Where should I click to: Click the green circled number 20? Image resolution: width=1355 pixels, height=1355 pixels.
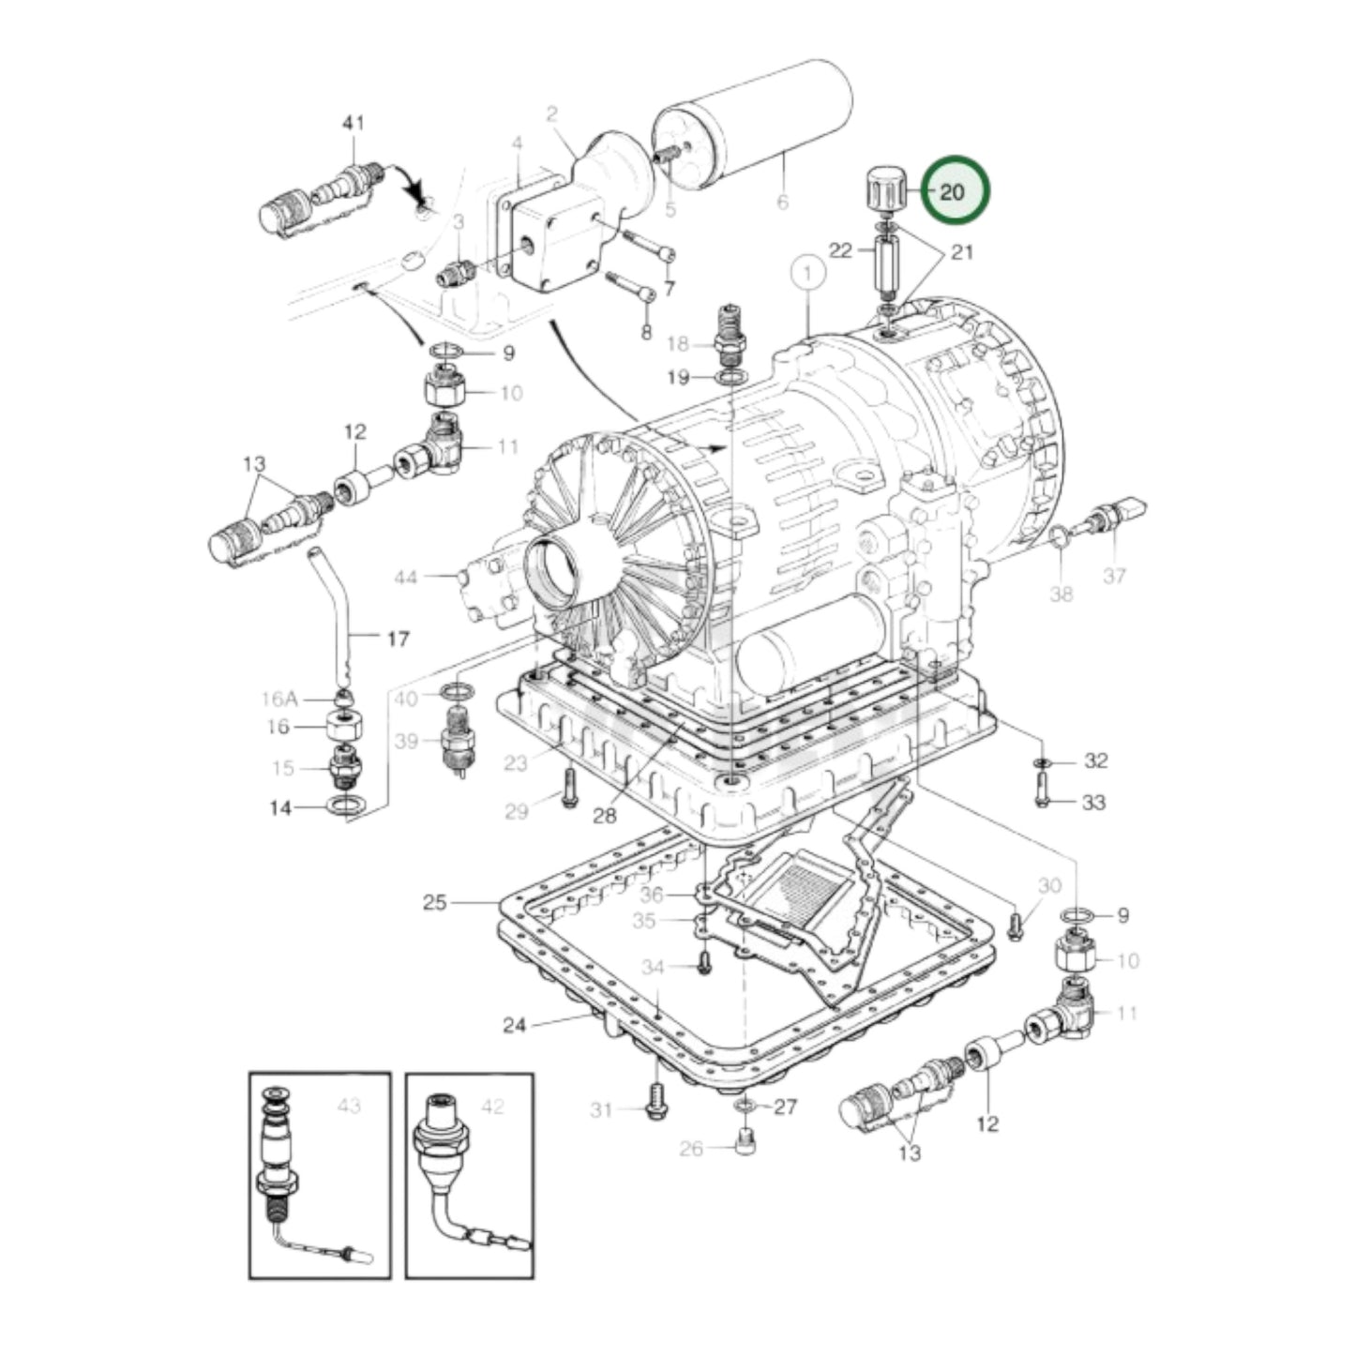(x=954, y=191)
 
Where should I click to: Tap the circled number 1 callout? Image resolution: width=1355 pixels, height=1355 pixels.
(x=808, y=275)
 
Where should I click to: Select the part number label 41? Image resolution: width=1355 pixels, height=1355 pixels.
(x=354, y=123)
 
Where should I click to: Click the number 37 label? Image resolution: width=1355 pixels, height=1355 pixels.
(x=1114, y=575)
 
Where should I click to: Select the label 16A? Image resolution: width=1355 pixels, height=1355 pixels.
(x=279, y=699)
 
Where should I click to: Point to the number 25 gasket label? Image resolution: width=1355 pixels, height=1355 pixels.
(x=434, y=903)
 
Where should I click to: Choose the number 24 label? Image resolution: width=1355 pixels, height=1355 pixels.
(x=514, y=1025)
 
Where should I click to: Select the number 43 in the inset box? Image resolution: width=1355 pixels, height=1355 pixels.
(x=348, y=1107)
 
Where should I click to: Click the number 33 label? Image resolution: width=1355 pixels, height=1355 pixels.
(x=1093, y=803)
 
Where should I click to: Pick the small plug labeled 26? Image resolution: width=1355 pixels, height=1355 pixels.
(x=745, y=1147)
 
